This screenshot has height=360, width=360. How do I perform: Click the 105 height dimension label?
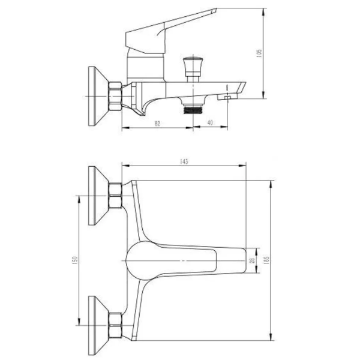coord(259,53)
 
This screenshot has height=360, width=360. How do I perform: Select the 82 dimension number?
coord(157,124)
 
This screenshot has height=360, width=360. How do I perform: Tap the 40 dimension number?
coord(210,123)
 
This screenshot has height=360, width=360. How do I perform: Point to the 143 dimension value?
coord(184,161)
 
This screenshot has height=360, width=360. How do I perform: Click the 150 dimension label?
coord(76,260)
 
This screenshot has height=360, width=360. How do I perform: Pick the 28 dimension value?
coord(253,260)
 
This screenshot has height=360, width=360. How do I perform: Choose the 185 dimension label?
coord(266,260)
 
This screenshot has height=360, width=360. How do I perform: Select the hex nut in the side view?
coord(115,97)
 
